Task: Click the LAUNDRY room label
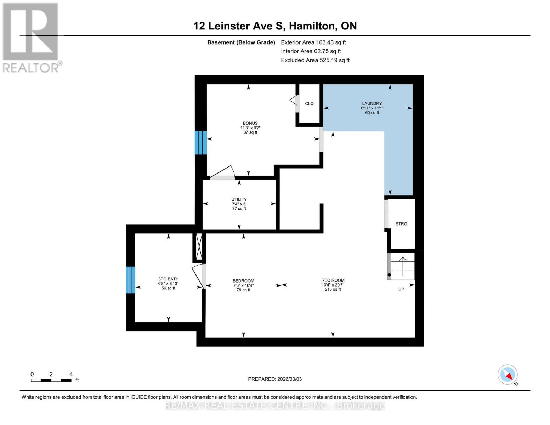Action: [372, 103]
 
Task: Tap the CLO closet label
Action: [309, 103]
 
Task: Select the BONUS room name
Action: [250, 123]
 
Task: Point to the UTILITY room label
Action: [239, 199]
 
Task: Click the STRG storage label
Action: [401, 224]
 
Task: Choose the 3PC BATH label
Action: [168, 279]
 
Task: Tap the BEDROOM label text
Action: [244, 281]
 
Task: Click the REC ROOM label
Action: [333, 280]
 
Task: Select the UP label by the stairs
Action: [401, 289]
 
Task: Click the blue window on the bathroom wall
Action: [131, 280]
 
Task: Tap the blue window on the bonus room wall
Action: [201, 143]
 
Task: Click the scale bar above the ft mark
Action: [51, 380]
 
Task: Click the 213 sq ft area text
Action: [333, 289]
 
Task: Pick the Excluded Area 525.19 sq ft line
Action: [315, 60]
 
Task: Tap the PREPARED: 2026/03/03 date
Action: [275, 379]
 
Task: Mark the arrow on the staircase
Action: [403, 266]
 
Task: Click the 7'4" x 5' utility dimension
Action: [239, 204]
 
